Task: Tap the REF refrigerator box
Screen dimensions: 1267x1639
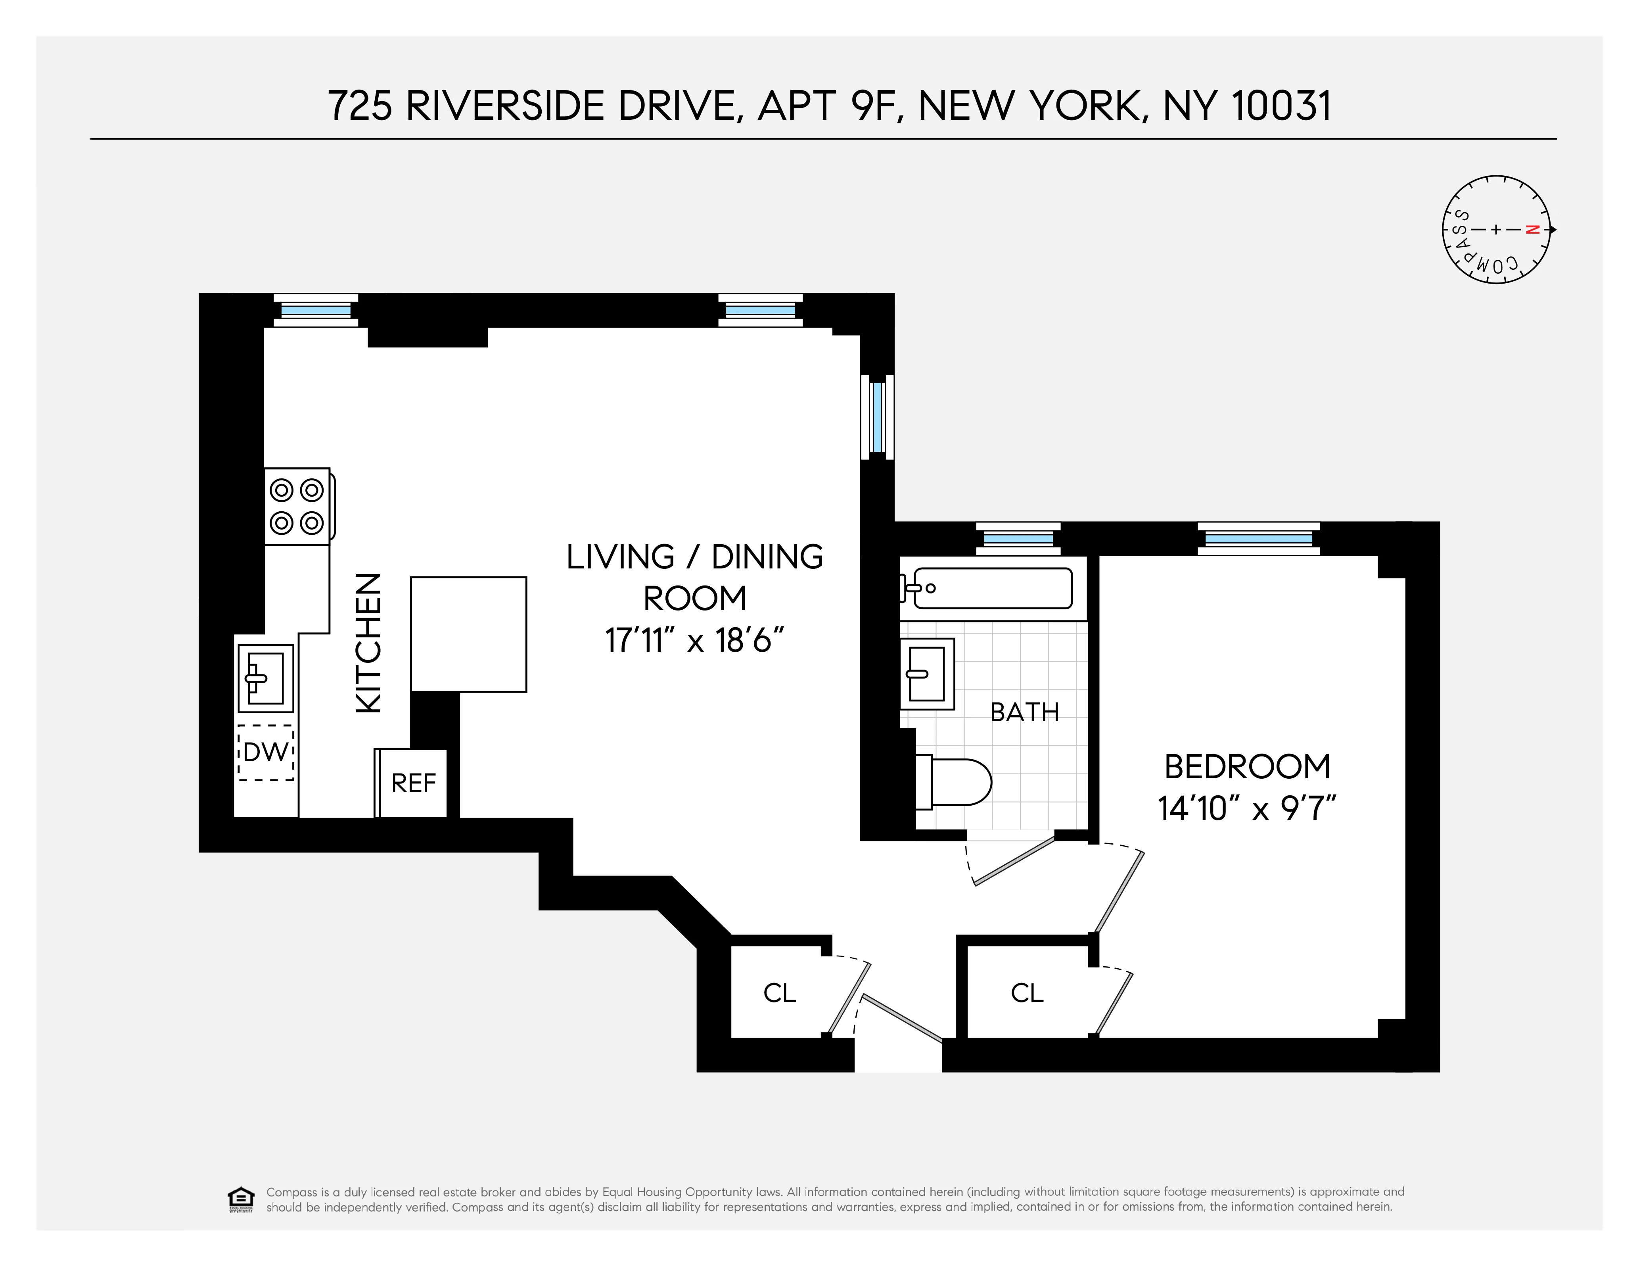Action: (413, 783)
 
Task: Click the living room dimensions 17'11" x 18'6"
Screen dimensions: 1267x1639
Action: (694, 641)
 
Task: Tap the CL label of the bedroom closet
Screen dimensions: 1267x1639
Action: (1027, 993)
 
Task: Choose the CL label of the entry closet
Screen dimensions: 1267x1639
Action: (779, 993)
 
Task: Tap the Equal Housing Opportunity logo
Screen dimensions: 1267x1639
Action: (240, 1199)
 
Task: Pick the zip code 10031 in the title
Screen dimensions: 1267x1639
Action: (1281, 106)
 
